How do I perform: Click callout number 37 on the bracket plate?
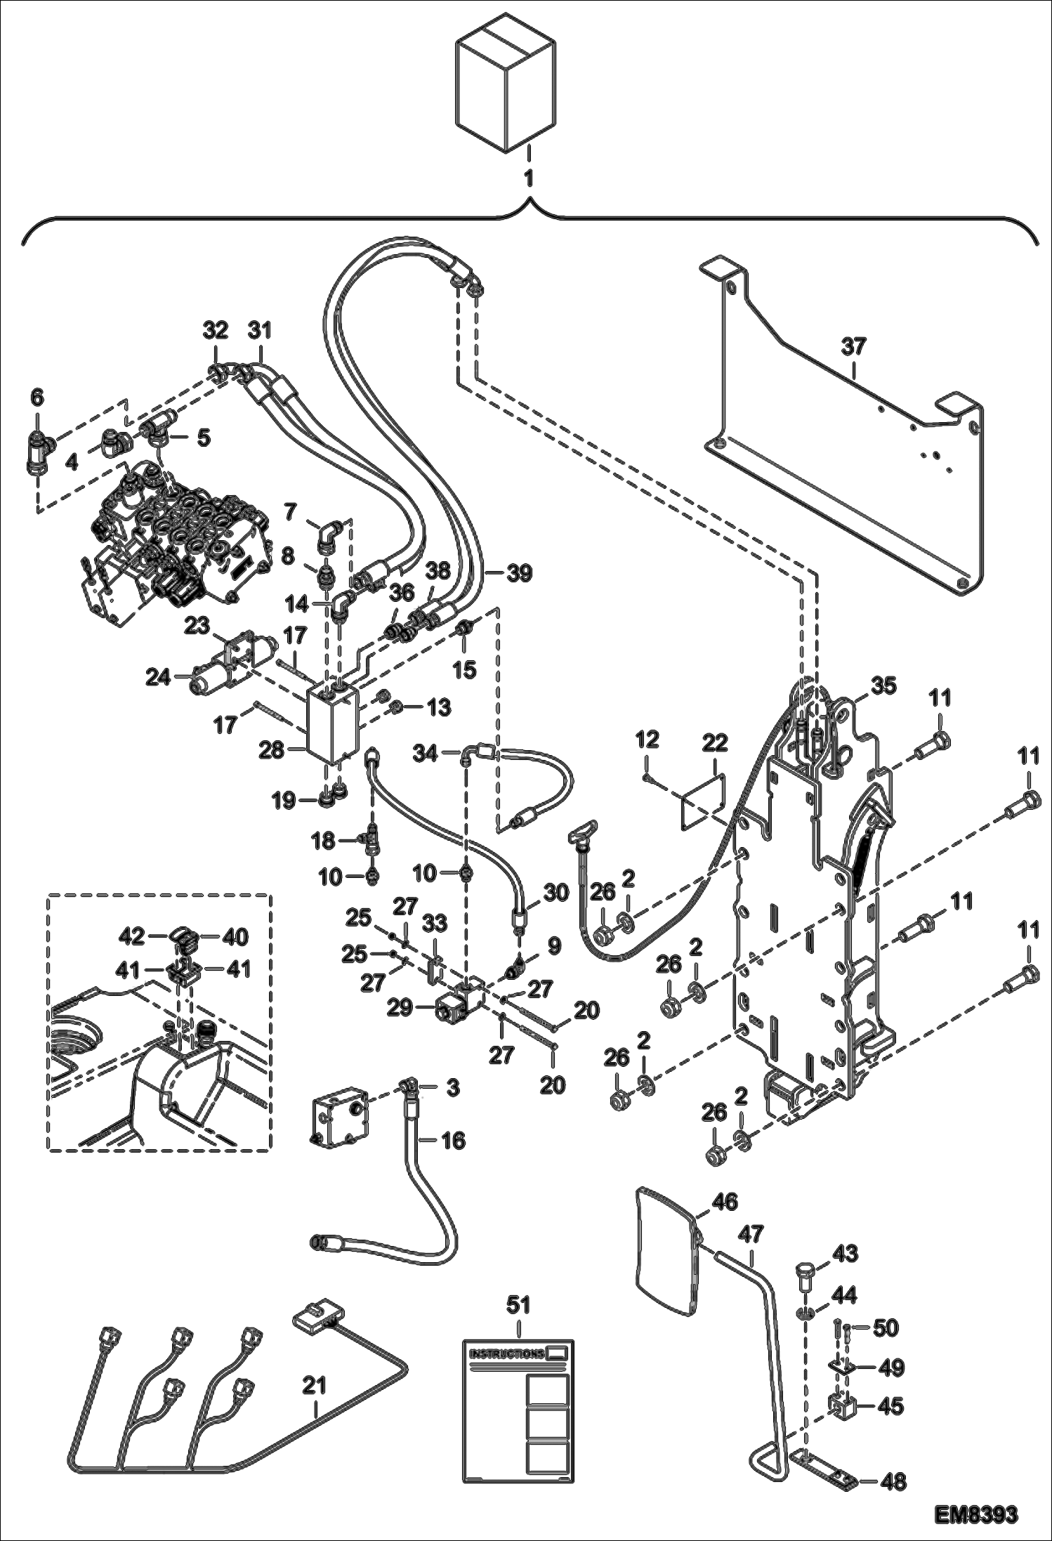pos(853,348)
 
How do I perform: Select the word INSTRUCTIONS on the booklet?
pos(506,1353)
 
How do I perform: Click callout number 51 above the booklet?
pos(519,1305)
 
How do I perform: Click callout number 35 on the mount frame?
pos(883,686)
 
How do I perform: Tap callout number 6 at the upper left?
pos(37,398)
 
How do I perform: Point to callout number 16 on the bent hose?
pos(454,1140)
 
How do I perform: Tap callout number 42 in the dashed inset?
pos(132,936)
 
